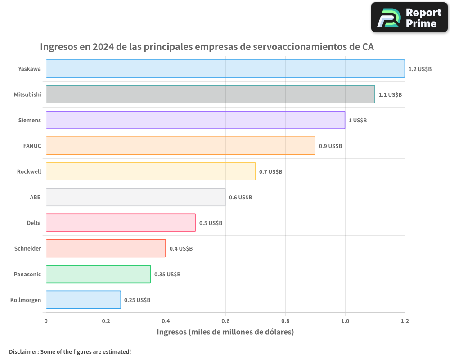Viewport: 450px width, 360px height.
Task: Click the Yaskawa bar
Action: point(225,69)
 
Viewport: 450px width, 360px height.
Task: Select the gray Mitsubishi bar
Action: point(210,94)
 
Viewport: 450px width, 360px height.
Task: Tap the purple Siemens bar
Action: point(195,120)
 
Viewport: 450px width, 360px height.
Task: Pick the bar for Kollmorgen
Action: point(83,300)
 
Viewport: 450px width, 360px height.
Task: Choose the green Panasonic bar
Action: point(98,274)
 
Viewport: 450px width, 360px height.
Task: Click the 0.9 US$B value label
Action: point(330,146)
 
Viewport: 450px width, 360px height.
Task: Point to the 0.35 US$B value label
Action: point(167,274)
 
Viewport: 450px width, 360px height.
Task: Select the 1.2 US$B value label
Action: point(420,69)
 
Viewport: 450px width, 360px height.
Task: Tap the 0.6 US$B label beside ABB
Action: point(240,198)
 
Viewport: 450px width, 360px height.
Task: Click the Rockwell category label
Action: point(29,171)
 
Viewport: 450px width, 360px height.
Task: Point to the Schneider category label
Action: point(27,248)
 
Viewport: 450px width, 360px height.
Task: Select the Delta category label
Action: point(34,223)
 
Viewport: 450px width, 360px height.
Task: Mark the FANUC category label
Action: point(32,146)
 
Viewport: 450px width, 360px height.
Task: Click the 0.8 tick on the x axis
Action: point(285,321)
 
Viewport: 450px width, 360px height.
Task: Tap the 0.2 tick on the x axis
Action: point(106,321)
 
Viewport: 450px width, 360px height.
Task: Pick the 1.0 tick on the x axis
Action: point(345,321)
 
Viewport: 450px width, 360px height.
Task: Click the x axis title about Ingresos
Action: point(225,332)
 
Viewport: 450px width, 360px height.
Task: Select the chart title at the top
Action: point(207,47)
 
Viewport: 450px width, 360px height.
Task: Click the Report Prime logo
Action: point(409,18)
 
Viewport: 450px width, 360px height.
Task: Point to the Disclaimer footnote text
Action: point(70,352)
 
